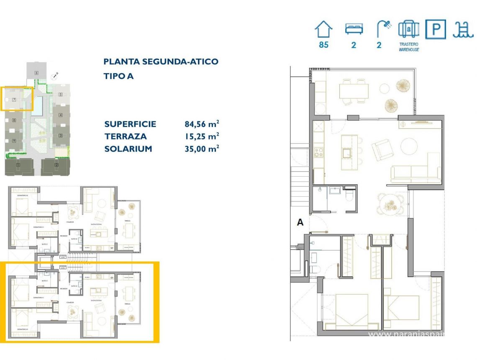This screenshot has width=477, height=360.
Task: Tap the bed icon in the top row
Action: [x=353, y=29]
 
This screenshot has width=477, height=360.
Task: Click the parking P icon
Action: [x=436, y=30]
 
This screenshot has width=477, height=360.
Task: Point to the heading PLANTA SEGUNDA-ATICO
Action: [x=161, y=62]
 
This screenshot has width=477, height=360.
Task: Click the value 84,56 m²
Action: [x=202, y=124]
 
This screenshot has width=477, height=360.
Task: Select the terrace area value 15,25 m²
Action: [x=202, y=136]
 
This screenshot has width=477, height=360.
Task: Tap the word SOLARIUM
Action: [x=128, y=149]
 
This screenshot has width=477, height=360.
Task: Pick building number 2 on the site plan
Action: [x=56, y=165]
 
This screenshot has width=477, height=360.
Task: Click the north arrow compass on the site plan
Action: [x=54, y=76]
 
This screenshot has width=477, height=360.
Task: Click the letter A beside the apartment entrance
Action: [x=300, y=223]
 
